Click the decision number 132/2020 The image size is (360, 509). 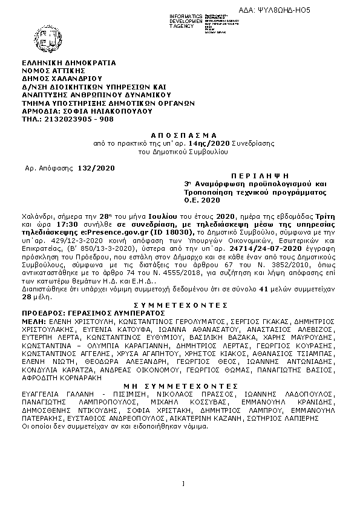pyautogui.click(x=96, y=167)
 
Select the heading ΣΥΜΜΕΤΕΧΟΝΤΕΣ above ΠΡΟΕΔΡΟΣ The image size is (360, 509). pyautogui.click(x=180, y=306)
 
